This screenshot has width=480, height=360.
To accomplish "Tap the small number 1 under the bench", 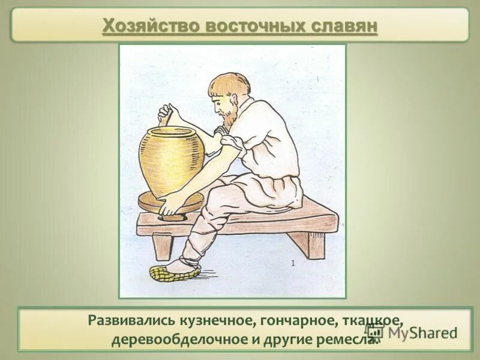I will (x=293, y=263).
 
